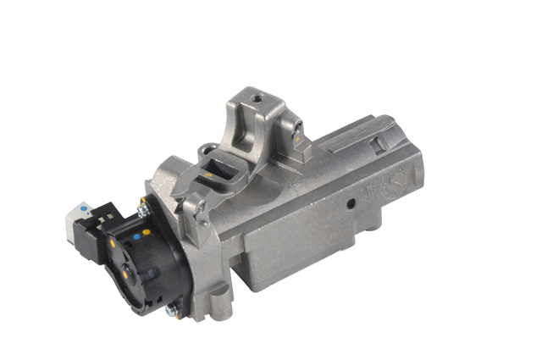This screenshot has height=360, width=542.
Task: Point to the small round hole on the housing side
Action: [349, 204]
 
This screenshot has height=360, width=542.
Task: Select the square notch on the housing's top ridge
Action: [381, 143]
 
